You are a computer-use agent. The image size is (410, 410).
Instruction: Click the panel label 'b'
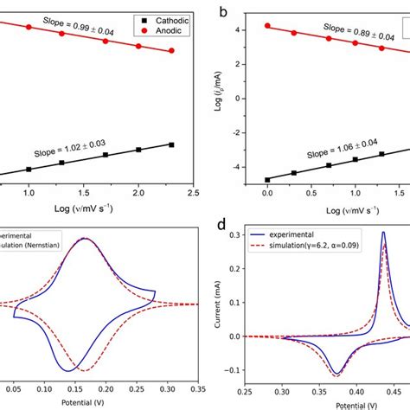coord(223,12)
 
